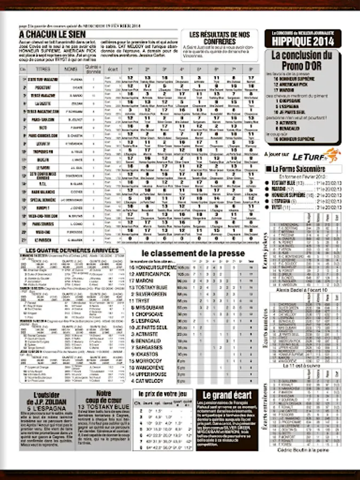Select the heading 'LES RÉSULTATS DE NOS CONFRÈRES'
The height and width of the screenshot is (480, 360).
click(219, 38)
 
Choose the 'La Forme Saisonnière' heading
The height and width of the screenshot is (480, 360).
click(299, 169)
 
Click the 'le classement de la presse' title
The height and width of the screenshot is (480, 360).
click(193, 253)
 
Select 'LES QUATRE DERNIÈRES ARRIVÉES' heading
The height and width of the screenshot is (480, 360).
click(72, 250)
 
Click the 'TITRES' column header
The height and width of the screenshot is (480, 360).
click(43, 69)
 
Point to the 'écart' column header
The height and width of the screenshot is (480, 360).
click(112, 69)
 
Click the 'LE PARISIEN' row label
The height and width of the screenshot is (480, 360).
click(43, 239)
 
